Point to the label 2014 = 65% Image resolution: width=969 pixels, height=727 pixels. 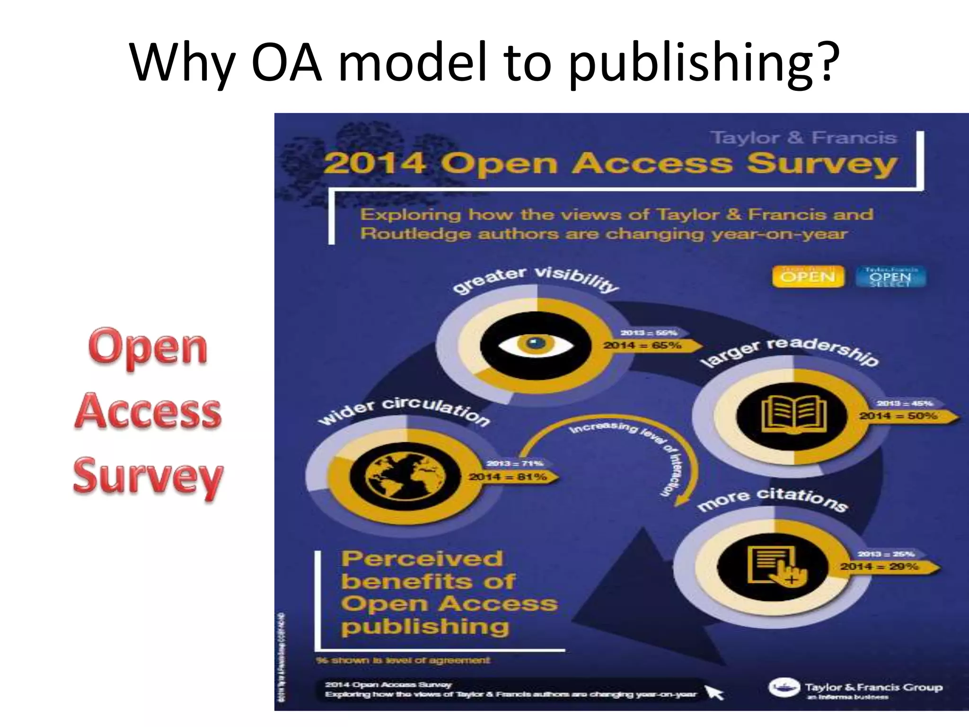[x=642, y=346]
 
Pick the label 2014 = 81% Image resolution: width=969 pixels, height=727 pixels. [x=507, y=477]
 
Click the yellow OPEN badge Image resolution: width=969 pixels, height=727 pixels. [x=808, y=276]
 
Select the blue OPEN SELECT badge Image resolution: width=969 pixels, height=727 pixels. [x=890, y=277]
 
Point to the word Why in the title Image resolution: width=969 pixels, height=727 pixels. [x=182, y=63]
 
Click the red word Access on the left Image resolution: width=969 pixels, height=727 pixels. [x=147, y=411]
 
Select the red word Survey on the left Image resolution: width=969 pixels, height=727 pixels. [x=148, y=475]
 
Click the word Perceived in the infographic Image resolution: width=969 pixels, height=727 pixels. [x=422, y=559]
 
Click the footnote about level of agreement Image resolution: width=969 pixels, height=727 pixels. [x=403, y=660]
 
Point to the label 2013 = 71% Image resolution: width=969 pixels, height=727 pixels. [x=514, y=463]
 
